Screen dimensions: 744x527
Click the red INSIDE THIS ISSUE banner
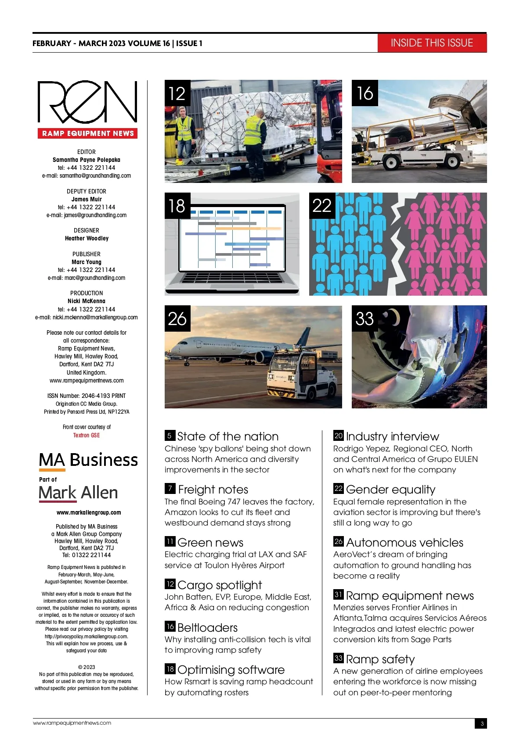(x=432, y=43)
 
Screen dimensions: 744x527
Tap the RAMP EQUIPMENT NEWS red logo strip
(x=88, y=133)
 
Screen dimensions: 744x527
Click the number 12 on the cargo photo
(x=177, y=93)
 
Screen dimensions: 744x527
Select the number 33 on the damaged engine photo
(x=365, y=318)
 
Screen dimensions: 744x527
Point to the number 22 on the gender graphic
(x=321, y=205)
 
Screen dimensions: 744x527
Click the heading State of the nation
(x=227, y=436)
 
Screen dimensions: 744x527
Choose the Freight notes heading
(x=213, y=490)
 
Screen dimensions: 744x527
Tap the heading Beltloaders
(x=207, y=628)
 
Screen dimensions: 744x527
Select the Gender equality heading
(x=390, y=490)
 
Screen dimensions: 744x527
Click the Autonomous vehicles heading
(x=404, y=543)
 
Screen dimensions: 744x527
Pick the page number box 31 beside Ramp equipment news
(x=338, y=595)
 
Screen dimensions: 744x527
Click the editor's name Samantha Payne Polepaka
(x=87, y=160)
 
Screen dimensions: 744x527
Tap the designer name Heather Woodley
(x=87, y=238)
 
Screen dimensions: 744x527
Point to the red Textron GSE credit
(x=87, y=435)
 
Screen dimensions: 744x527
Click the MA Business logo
(x=88, y=460)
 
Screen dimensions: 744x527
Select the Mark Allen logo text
(x=78, y=493)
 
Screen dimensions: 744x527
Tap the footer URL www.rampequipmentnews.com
(x=72, y=723)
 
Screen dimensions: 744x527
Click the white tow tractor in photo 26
(x=303, y=376)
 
